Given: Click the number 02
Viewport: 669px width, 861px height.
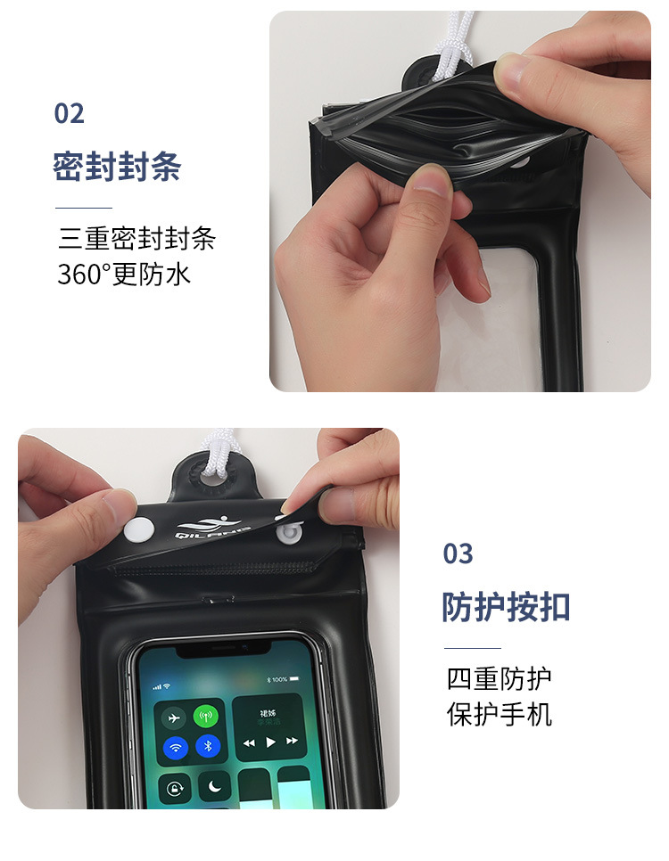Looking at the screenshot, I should click(x=70, y=114).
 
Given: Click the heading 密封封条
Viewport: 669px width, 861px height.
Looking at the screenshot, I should click(x=117, y=167).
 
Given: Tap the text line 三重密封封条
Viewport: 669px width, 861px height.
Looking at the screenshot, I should click(x=136, y=239).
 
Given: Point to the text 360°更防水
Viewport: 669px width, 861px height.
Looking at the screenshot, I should click(x=124, y=274).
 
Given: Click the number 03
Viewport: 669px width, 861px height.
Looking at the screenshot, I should click(x=458, y=554).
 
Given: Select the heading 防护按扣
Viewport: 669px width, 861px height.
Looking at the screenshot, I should click(x=506, y=607).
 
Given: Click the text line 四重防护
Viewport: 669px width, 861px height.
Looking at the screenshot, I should click(x=499, y=679).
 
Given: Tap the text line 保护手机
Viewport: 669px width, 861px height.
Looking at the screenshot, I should click(x=499, y=714).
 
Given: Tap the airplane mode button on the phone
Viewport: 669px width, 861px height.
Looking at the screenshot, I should click(x=174, y=717).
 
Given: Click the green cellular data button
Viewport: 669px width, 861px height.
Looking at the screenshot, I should click(x=207, y=717).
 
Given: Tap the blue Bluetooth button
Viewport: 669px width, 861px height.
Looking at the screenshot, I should click(x=207, y=747).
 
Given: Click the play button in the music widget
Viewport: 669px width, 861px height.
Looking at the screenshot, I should click(x=270, y=742).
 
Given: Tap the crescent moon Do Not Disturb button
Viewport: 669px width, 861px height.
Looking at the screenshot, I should click(x=214, y=788).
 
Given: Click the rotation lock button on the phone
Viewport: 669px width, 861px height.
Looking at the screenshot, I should click(x=175, y=789).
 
